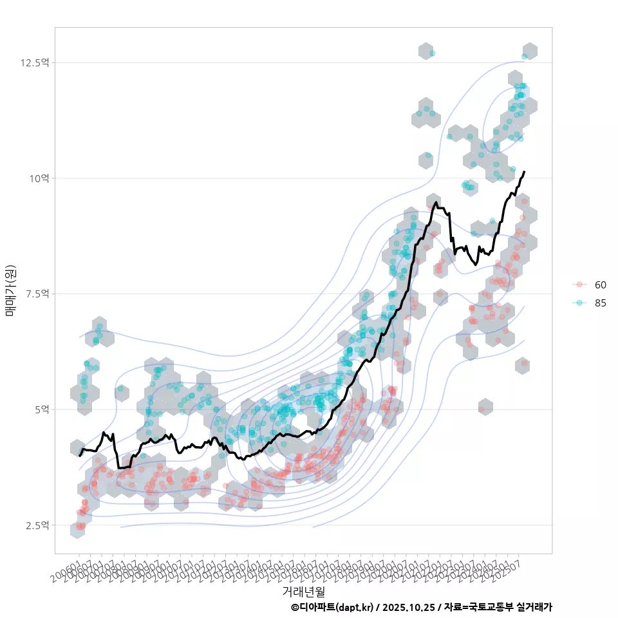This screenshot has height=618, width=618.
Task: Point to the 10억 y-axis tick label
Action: click(39, 178)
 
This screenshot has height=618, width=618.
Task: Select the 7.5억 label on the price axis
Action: click(36, 294)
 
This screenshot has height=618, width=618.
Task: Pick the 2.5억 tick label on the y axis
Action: click(36, 525)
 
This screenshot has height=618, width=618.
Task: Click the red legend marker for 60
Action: click(579, 285)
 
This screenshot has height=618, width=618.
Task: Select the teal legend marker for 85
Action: click(579, 303)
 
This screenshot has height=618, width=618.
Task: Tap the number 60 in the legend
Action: click(601, 285)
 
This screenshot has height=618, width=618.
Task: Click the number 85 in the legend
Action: click(601, 303)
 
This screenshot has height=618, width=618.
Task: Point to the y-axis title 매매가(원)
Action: click(11, 290)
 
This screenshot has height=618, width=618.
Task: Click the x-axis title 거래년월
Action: click(303, 591)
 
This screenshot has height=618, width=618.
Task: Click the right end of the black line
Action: click(525, 172)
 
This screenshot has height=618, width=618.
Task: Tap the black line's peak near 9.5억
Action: click(436, 203)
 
